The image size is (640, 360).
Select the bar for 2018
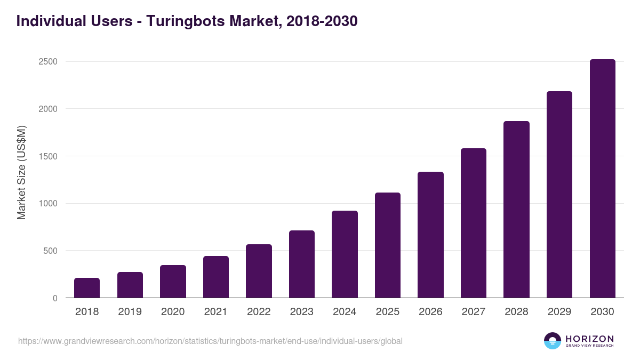(x=87, y=288)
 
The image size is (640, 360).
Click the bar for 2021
(x=216, y=277)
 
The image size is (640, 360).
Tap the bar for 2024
(x=345, y=254)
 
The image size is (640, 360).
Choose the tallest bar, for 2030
(x=602, y=179)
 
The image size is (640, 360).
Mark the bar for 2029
(x=559, y=195)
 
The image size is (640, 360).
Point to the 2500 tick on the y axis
(x=48, y=62)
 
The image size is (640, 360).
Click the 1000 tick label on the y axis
(x=48, y=204)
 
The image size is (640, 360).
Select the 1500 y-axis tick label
(x=48, y=156)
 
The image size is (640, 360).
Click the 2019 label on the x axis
(x=130, y=312)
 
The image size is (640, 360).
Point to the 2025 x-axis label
(x=388, y=312)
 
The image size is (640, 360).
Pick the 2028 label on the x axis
(x=516, y=312)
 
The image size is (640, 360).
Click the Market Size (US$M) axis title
(x=22, y=172)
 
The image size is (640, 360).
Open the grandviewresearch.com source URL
(x=210, y=341)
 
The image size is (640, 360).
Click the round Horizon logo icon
(x=553, y=341)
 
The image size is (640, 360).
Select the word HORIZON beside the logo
(x=589, y=338)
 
